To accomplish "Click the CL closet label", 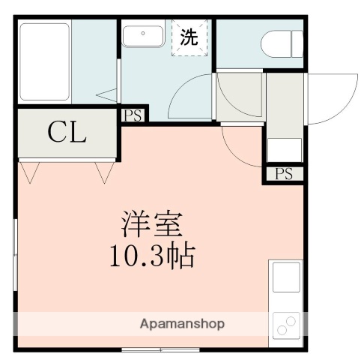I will [67, 133].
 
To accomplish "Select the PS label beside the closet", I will [133, 115].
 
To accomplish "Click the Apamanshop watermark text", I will [182, 324].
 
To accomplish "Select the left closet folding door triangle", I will [30, 172].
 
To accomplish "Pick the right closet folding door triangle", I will [103, 172].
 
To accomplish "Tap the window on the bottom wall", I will [160, 349].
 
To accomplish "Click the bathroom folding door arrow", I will [109, 95].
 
